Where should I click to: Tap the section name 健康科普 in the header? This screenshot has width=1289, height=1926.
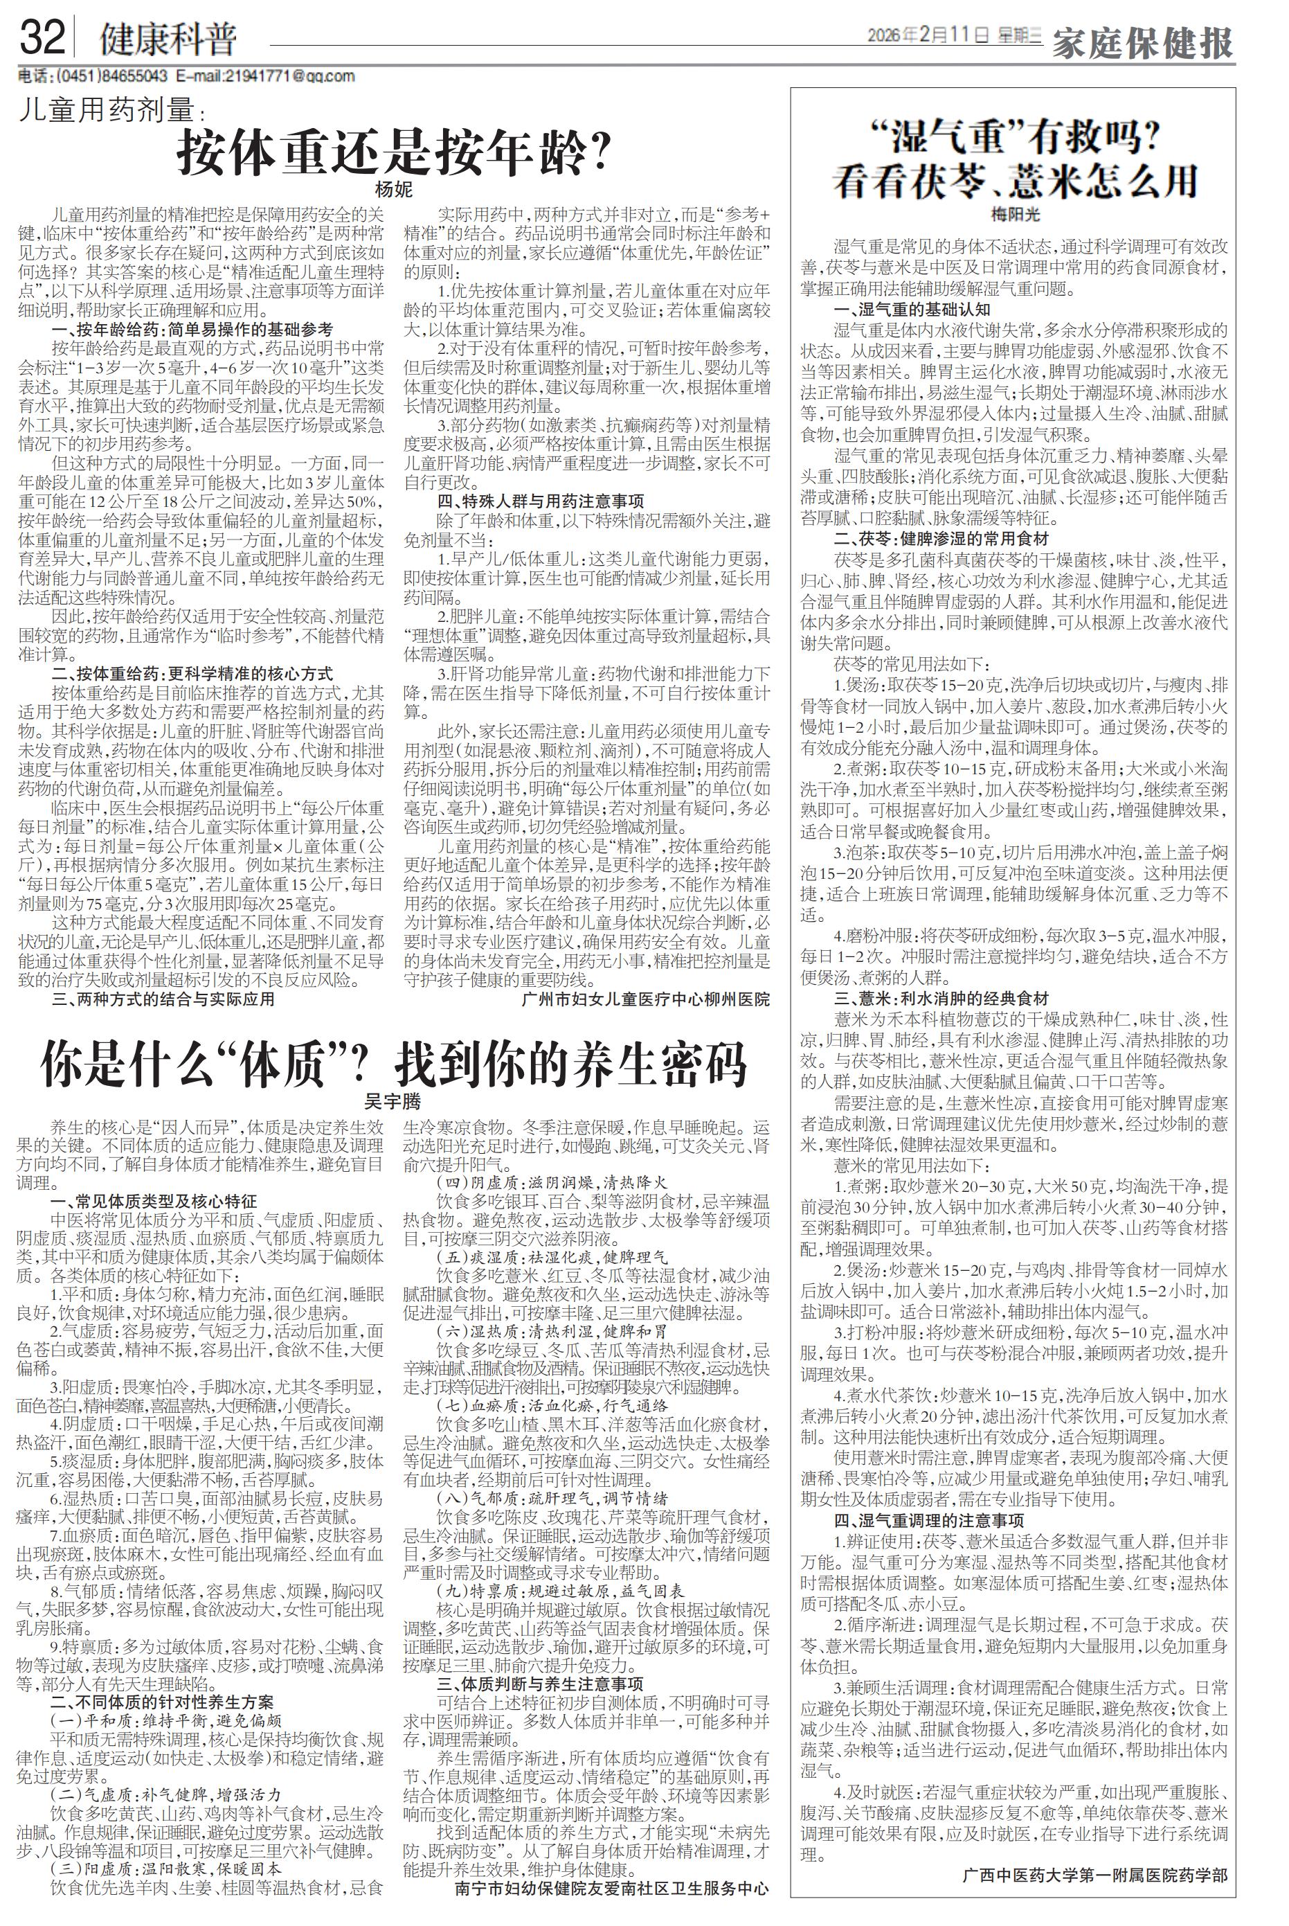(x=168, y=39)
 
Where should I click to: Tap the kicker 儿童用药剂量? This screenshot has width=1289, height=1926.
(x=110, y=110)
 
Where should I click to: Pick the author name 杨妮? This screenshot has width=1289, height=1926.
(x=394, y=190)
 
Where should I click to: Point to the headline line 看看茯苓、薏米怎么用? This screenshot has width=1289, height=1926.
(x=1016, y=181)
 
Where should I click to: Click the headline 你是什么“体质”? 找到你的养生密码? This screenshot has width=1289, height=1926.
(x=394, y=1065)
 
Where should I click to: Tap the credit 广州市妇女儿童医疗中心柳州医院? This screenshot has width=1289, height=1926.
(x=645, y=999)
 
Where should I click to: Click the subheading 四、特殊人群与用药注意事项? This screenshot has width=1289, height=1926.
(x=540, y=501)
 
